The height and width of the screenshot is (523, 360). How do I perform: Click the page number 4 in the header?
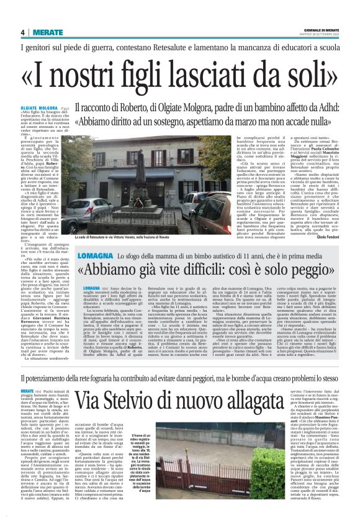pos(22,32)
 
